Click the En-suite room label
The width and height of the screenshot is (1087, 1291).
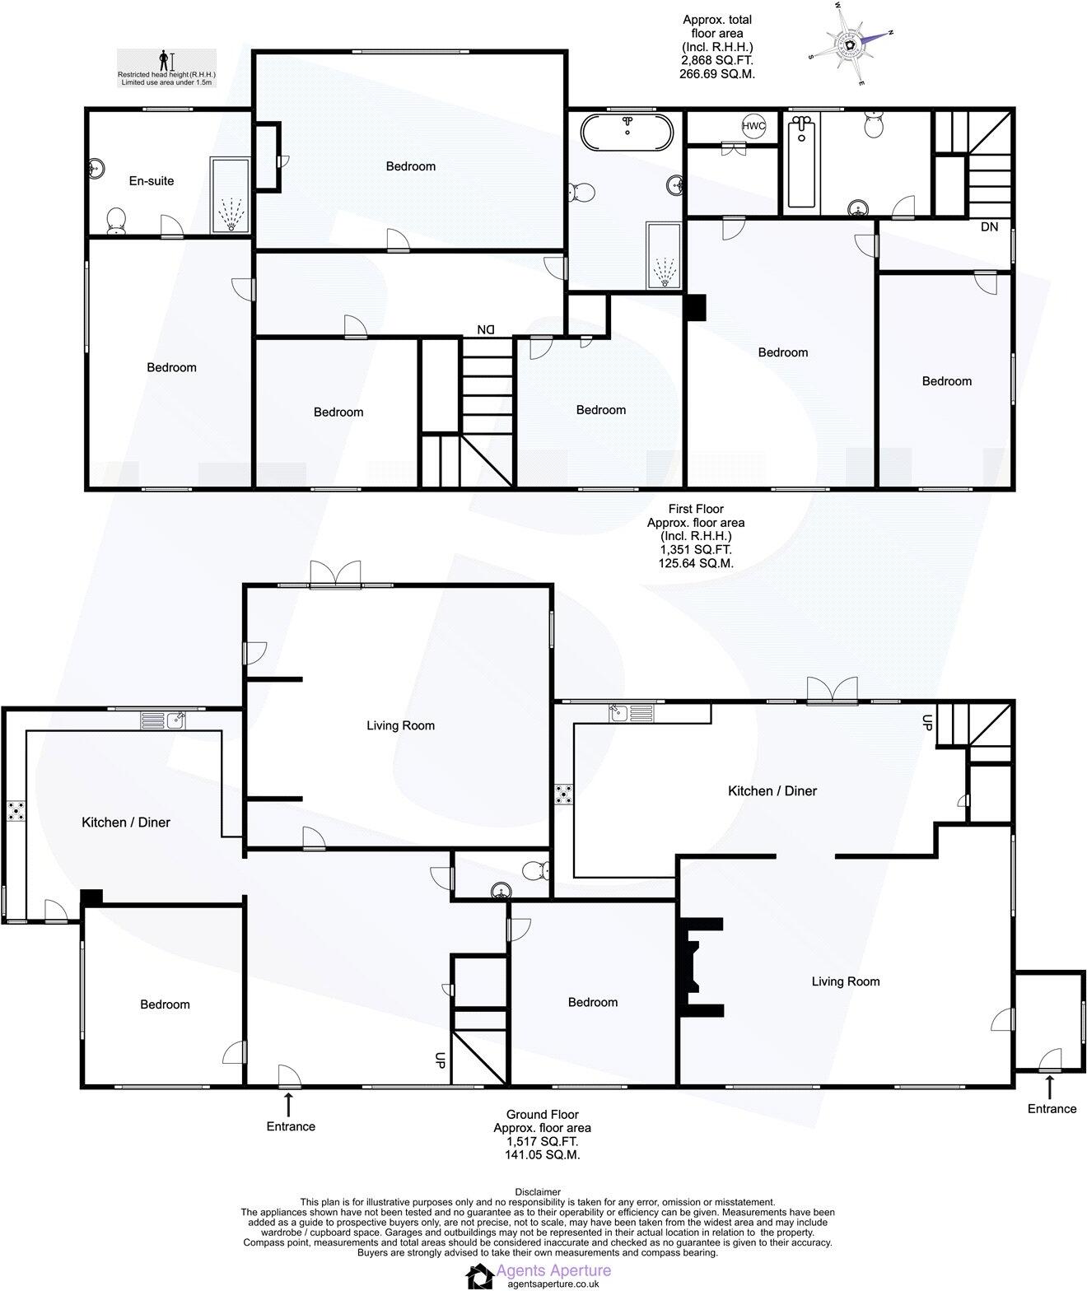(x=152, y=181)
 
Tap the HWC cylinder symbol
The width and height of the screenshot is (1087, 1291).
(x=753, y=127)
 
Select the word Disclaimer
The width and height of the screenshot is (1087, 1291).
(x=538, y=1191)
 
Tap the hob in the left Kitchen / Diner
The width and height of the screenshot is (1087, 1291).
(x=16, y=812)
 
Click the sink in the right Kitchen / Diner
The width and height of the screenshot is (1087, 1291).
(x=632, y=713)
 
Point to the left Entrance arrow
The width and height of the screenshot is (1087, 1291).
(x=288, y=1103)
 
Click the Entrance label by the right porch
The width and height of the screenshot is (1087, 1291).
(x=1052, y=1108)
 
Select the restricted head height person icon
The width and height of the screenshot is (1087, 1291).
(x=166, y=61)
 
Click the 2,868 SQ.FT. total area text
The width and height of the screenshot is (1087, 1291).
(x=717, y=60)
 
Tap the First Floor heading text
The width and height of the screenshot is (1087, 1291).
(x=696, y=509)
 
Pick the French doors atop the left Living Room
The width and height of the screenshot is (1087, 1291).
(x=336, y=574)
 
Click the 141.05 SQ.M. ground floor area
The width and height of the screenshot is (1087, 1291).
(x=542, y=1155)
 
